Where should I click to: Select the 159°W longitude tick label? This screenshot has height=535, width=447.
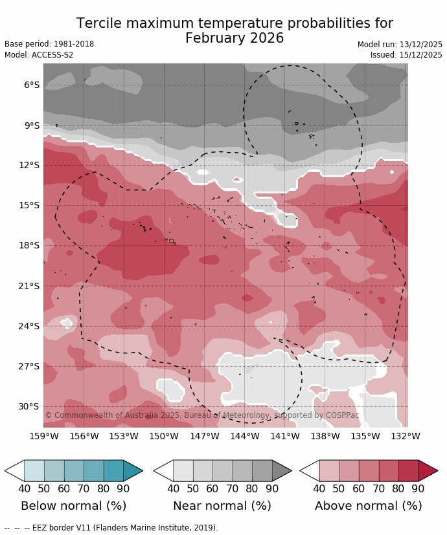click(x=43, y=437)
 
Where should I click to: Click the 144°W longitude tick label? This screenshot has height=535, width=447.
click(x=245, y=437)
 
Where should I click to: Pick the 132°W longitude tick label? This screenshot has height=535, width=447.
click(x=406, y=437)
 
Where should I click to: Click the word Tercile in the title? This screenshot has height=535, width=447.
click(x=100, y=24)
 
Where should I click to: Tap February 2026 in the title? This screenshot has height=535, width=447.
click(x=235, y=39)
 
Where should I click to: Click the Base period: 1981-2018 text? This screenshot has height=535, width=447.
click(x=49, y=44)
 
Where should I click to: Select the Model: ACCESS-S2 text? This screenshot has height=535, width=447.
click(x=39, y=55)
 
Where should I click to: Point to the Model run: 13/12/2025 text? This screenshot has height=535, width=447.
click(x=400, y=45)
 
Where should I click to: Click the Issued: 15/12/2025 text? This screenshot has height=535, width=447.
click(x=406, y=55)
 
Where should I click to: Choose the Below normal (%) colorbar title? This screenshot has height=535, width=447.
click(x=73, y=506)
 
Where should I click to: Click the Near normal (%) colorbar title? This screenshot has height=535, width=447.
click(x=222, y=506)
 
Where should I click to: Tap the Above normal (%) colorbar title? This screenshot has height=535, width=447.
click(x=368, y=506)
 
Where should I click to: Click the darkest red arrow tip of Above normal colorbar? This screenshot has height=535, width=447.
click(x=428, y=470)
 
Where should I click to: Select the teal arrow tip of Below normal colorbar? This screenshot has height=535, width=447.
click(x=133, y=470)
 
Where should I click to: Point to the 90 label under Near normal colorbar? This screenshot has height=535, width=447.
click(x=272, y=488)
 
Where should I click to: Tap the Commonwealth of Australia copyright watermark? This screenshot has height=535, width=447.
click(x=201, y=415)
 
